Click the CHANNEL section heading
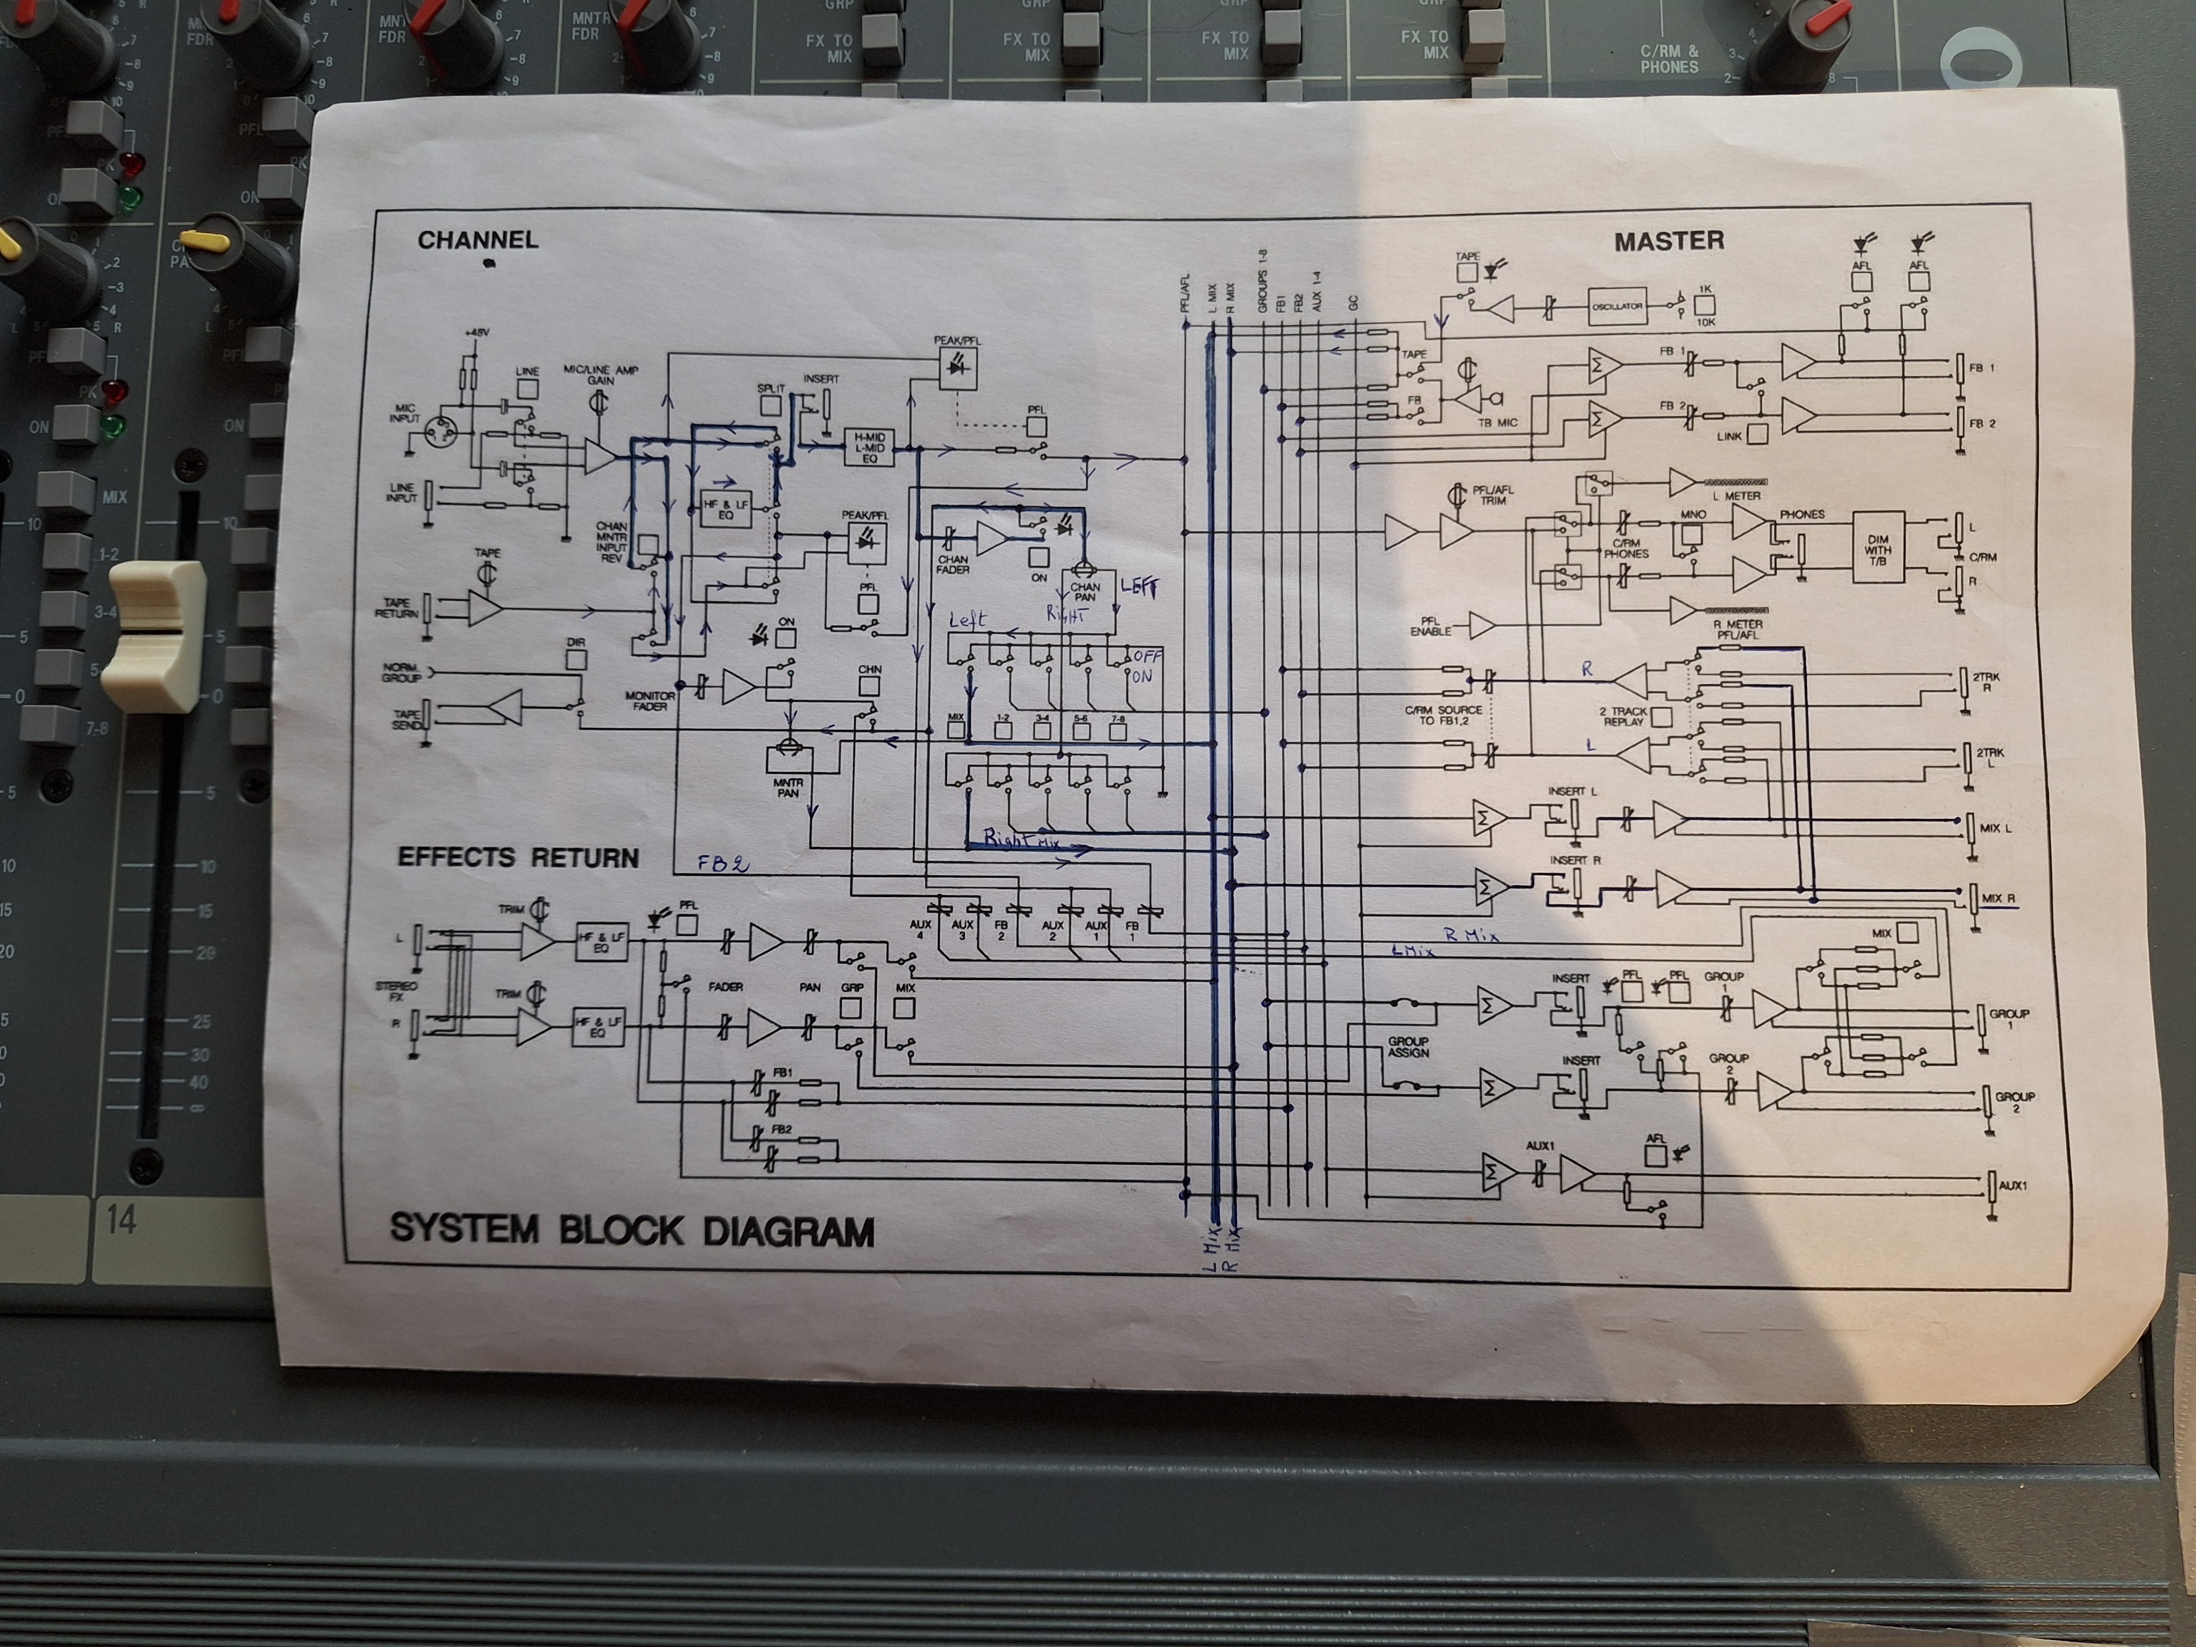click(x=477, y=240)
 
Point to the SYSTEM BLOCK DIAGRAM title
click(x=631, y=1230)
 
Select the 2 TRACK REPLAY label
click(x=1623, y=716)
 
